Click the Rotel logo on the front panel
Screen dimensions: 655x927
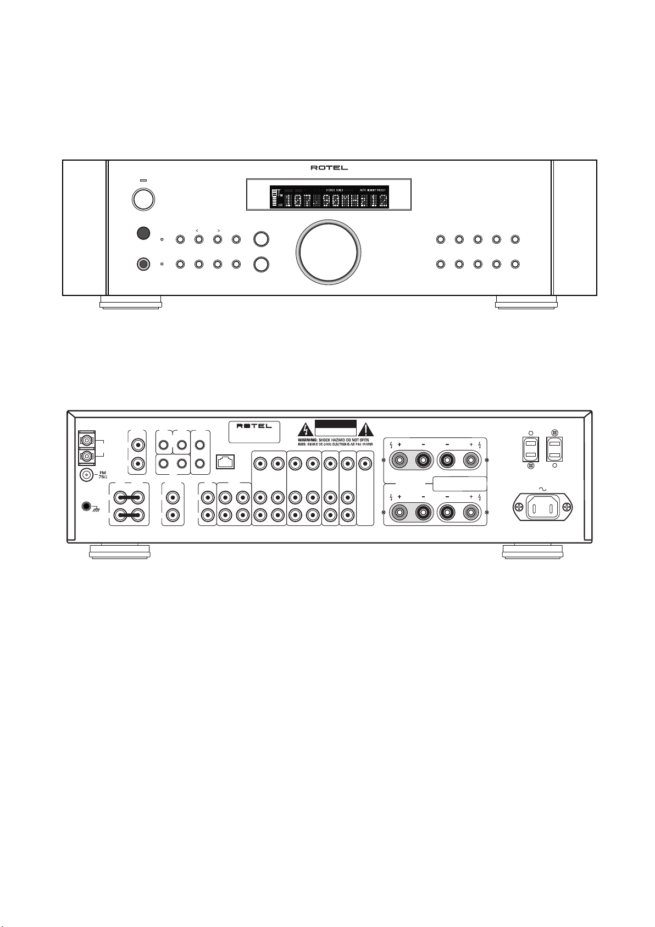tap(329, 168)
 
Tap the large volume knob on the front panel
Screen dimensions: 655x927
tap(328, 253)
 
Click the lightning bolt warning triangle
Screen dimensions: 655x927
tap(305, 429)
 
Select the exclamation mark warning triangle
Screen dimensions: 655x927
tap(367, 429)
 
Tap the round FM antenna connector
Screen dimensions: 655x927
tap(86, 475)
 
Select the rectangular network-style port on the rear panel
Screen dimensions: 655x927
tap(225, 462)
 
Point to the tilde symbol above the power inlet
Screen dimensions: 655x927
tap(543, 487)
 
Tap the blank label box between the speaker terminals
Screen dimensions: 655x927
tap(460, 484)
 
